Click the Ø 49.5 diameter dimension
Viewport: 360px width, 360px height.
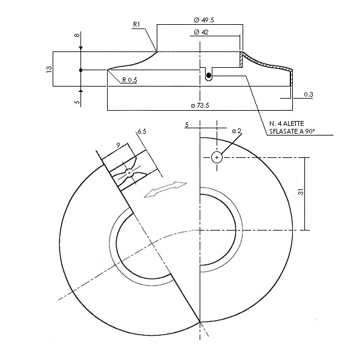(204, 20)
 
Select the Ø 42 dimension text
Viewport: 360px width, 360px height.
(201, 33)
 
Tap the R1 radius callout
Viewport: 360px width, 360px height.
(137, 25)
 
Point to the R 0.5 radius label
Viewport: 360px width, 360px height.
(129, 80)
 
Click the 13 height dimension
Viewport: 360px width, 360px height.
(50, 70)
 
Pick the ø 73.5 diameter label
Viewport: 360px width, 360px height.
(200, 106)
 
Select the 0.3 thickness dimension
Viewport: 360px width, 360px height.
(309, 94)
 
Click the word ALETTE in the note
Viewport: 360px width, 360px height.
(293, 123)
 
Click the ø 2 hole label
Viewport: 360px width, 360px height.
(237, 131)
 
